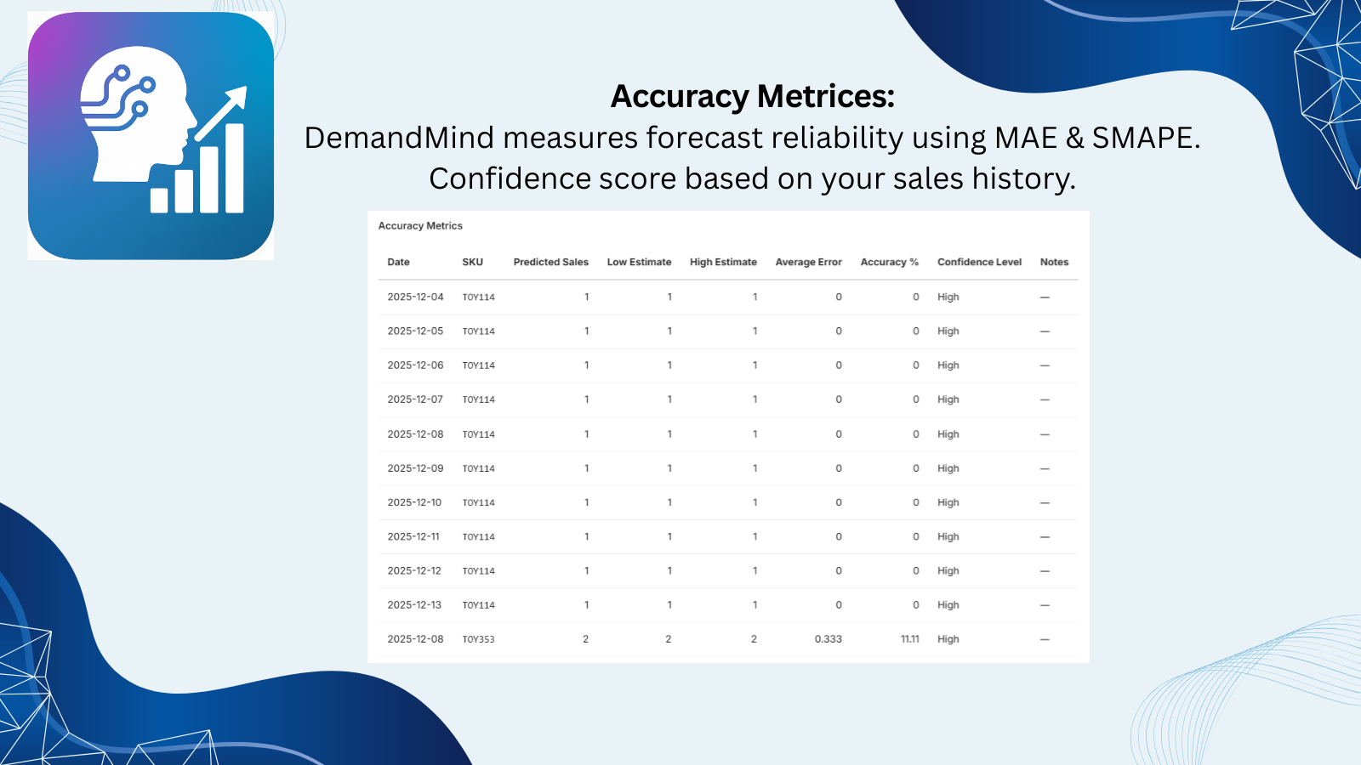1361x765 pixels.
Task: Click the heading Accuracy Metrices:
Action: point(752,97)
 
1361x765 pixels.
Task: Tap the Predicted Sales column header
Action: point(550,262)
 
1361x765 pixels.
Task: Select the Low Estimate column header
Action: point(639,262)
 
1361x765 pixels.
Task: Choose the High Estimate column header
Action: point(723,262)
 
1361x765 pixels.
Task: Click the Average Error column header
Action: point(808,262)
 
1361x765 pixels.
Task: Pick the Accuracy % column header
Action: point(889,262)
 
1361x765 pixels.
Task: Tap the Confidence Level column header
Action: point(979,262)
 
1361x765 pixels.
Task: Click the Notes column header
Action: point(1054,262)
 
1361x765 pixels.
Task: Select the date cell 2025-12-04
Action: point(415,297)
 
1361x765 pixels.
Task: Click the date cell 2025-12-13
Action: point(414,605)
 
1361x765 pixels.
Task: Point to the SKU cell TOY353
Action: point(478,639)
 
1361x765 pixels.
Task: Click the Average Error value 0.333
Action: point(828,639)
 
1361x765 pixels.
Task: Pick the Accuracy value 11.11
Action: point(909,639)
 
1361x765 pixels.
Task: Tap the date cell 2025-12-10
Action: point(414,502)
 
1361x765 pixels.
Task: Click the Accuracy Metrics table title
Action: point(420,226)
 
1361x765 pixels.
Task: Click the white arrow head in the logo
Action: point(237,96)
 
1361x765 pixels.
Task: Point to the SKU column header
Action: point(472,262)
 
